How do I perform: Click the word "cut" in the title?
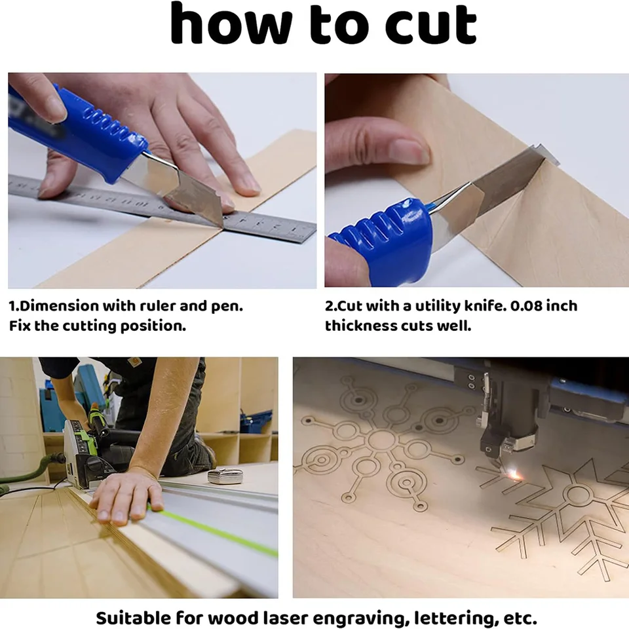[431, 24]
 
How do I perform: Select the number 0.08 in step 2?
[525, 306]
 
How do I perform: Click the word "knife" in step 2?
[485, 306]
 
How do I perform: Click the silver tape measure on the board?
[225, 476]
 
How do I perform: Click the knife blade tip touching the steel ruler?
[222, 227]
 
